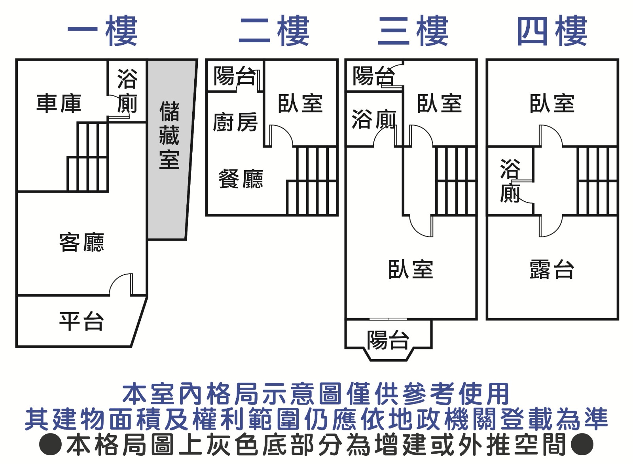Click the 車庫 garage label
59,103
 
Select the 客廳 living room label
81,242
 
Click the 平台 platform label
81,321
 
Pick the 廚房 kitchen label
235,122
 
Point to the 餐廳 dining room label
241,179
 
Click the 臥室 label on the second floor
300,103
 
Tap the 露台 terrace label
552,269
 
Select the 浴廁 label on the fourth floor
510,181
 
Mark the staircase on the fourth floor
597,181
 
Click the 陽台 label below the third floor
388,340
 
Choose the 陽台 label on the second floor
234,76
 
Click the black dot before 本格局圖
50,444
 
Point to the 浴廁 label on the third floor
373,119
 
